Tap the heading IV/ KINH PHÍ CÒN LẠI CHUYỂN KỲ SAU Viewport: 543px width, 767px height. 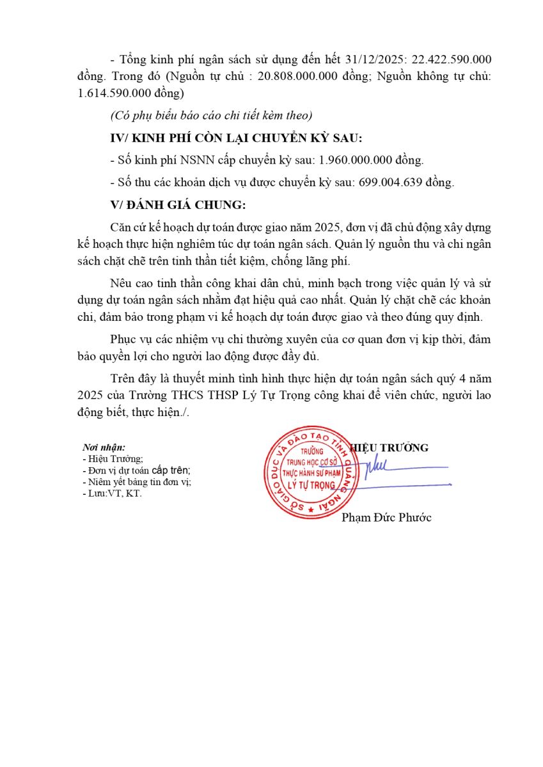(x=237, y=138)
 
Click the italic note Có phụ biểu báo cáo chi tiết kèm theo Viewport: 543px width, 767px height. (x=211, y=116)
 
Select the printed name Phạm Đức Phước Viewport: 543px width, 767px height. (x=386, y=517)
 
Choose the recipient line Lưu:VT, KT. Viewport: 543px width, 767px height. (x=113, y=493)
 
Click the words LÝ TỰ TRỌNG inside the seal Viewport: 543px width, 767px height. (x=312, y=485)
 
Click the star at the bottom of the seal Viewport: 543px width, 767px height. (x=311, y=509)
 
